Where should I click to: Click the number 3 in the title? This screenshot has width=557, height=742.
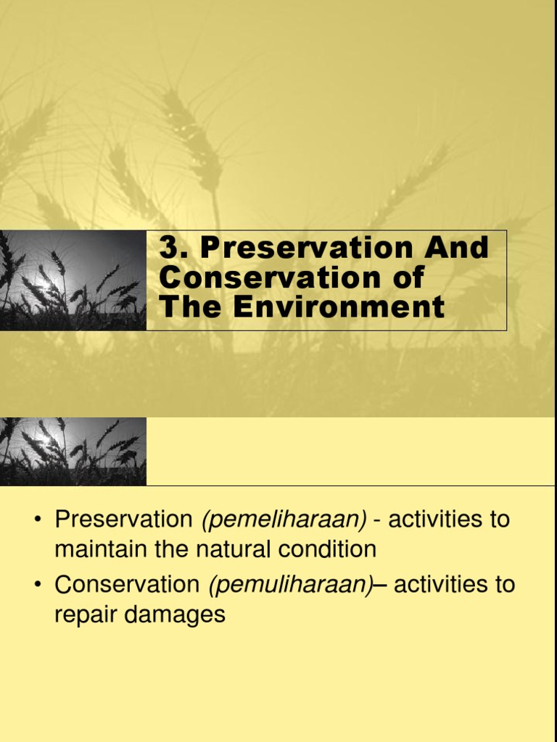coord(169,249)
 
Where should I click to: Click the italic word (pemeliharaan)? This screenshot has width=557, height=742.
coord(284,520)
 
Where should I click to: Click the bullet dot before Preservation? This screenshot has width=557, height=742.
coord(38,520)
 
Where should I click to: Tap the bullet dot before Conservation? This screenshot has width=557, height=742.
coord(38,585)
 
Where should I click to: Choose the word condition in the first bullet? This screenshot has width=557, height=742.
coord(330,549)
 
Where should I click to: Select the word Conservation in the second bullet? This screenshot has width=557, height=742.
coord(126,585)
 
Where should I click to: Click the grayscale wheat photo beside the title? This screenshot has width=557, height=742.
coord(73,280)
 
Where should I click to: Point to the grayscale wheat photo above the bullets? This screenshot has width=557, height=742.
coord(73,451)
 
